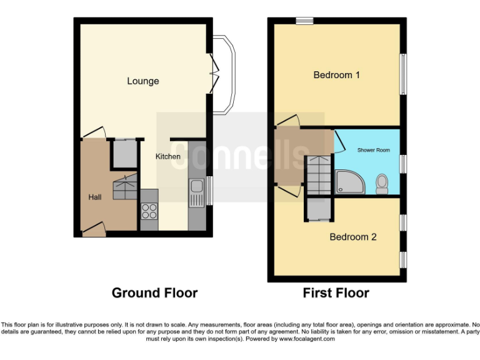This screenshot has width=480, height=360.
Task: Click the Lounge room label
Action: (x=142, y=81)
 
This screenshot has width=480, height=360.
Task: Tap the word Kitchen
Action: (x=167, y=156)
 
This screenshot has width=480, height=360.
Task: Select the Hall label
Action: (x=95, y=197)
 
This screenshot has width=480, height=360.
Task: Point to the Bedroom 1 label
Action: (x=336, y=75)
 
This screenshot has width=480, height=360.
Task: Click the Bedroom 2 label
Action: (x=352, y=237)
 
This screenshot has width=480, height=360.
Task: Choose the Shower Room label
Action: (x=373, y=151)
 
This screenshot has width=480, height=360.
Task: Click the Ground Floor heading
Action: (x=154, y=292)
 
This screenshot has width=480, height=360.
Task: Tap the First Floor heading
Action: (x=336, y=292)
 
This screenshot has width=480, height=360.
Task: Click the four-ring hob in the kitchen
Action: (x=149, y=211)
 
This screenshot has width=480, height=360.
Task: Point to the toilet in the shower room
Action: (x=382, y=182)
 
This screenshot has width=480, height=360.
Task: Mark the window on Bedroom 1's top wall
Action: (x=304, y=21)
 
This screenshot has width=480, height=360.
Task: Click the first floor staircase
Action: (x=319, y=175)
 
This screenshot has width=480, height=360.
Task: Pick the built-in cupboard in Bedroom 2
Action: (x=319, y=209)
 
